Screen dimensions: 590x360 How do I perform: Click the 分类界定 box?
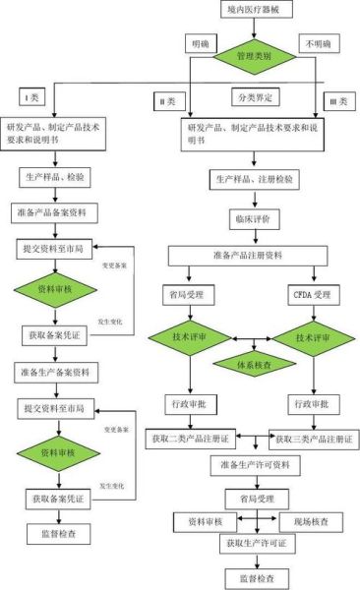pos(254,98)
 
